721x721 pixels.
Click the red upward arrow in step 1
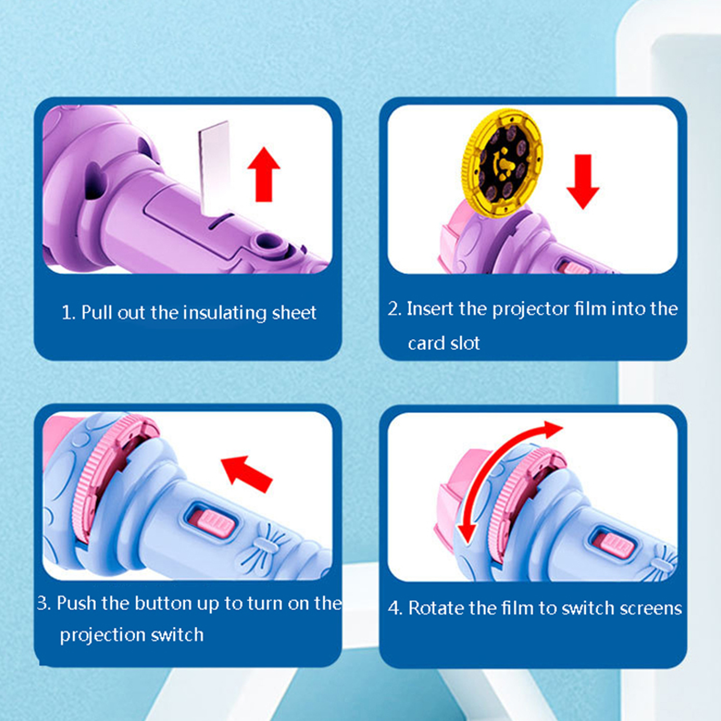[x=264, y=174]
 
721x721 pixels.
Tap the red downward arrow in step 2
[x=583, y=182]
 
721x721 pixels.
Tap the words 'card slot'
[x=444, y=343]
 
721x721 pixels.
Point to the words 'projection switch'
[x=132, y=635]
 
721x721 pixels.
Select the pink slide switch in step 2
[x=573, y=268]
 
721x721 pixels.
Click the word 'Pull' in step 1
[x=97, y=312]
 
